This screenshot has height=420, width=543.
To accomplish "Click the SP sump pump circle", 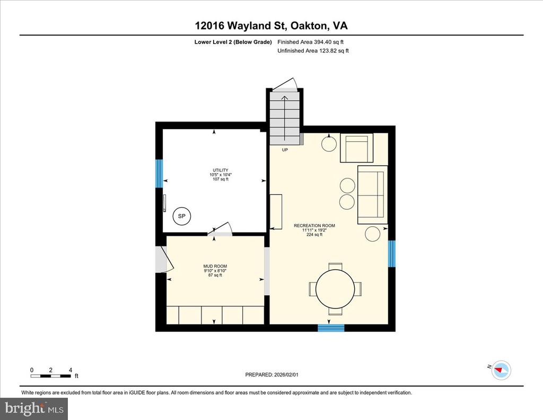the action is coord(181,216).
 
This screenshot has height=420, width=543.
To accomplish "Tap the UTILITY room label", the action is coord(221,170).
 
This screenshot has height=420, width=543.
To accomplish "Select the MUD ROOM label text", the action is coord(215,267).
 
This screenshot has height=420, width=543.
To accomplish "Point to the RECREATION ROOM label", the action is coord(314,226).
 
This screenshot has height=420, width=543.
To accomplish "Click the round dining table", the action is coord(335,288).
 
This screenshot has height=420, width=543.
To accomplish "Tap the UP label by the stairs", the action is coord(285,150).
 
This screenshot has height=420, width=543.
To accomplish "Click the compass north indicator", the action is coord(502,370).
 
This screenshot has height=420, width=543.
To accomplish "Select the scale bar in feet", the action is coord(51,375).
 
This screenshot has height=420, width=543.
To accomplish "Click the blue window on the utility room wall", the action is coord(159,174).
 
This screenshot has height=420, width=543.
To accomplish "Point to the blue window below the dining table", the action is coord(331,328).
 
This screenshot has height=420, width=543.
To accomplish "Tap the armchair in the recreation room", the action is coord(357,148).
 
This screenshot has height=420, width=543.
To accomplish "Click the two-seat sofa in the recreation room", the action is coord(372,195).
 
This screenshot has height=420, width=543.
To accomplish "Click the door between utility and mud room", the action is coord(220,229).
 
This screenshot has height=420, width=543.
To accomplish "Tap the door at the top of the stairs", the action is coord(284,84).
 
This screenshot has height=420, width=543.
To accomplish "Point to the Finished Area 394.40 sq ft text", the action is coord(311,42).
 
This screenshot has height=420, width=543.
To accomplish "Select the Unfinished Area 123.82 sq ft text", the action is coord(313,50).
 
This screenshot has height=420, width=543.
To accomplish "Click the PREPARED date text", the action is coord(272,374).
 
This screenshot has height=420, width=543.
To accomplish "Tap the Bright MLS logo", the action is coord(34,408).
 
